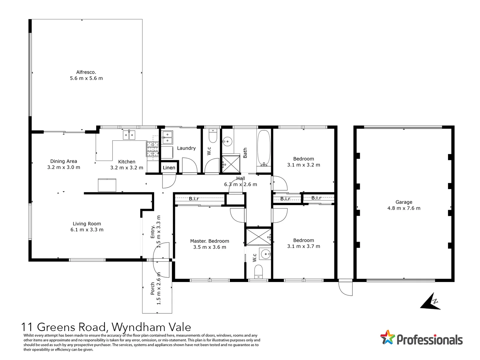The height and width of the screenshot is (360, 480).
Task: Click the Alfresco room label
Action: pos(86,72)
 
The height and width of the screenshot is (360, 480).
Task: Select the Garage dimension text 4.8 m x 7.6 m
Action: pos(404,208)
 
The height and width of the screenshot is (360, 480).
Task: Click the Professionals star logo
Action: pos(387,337)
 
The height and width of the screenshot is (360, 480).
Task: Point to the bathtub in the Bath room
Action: pos(264,148)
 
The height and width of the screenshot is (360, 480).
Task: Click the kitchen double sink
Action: pos(129,135)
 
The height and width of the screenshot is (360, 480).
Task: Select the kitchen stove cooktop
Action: pos(152,149)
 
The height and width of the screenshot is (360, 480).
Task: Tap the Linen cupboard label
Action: pos(169,168)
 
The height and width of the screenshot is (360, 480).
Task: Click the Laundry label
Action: pos(186,148)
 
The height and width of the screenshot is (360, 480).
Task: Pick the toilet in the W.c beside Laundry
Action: pos(213,136)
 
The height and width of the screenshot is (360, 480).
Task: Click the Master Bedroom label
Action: pos(210,241)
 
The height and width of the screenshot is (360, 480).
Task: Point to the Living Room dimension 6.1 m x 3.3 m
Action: pos(87,230)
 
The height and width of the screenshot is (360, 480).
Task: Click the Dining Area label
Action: pos(64,161)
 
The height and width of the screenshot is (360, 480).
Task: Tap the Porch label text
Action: pos(153,289)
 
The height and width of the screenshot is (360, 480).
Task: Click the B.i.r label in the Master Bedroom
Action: pos(194,199)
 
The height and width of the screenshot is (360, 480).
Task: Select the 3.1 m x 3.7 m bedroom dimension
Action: pos(303,246)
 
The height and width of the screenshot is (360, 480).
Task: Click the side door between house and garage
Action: pos(346,287)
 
